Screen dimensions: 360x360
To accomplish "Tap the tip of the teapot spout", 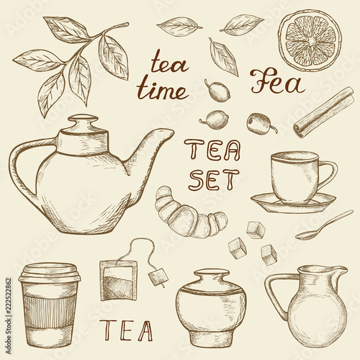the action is point(173,131).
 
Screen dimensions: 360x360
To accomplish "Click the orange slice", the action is point(310,41).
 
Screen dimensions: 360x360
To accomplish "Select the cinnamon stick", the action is point(324,112).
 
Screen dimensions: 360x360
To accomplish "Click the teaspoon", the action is point(324,225).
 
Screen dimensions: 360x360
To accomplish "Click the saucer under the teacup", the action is point(293,204).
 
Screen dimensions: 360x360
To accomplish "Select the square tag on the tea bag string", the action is point(158,276).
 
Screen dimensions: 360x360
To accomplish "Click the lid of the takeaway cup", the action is point(50,273).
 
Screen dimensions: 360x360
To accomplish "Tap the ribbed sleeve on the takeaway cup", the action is point(50,312).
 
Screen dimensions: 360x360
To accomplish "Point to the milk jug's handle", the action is point(276,295).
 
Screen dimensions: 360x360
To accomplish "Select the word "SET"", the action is point(214,179).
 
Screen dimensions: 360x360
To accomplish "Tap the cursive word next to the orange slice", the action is point(279,81).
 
